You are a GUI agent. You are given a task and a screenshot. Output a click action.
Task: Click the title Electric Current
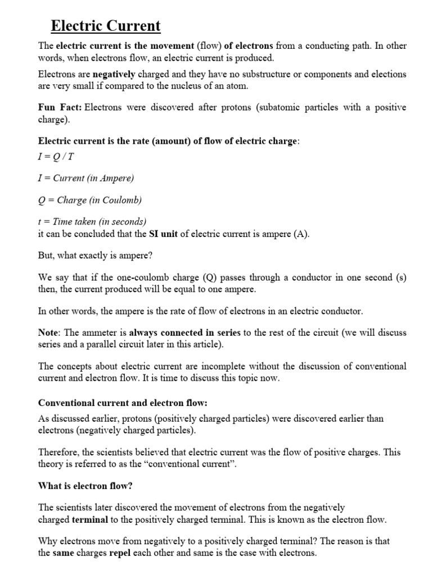point(106,26)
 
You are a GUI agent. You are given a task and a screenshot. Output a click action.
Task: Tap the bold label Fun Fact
point(59,107)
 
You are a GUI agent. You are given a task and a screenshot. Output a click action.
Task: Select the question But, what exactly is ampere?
point(94,255)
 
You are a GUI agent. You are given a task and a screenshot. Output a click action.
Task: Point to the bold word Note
point(48,333)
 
